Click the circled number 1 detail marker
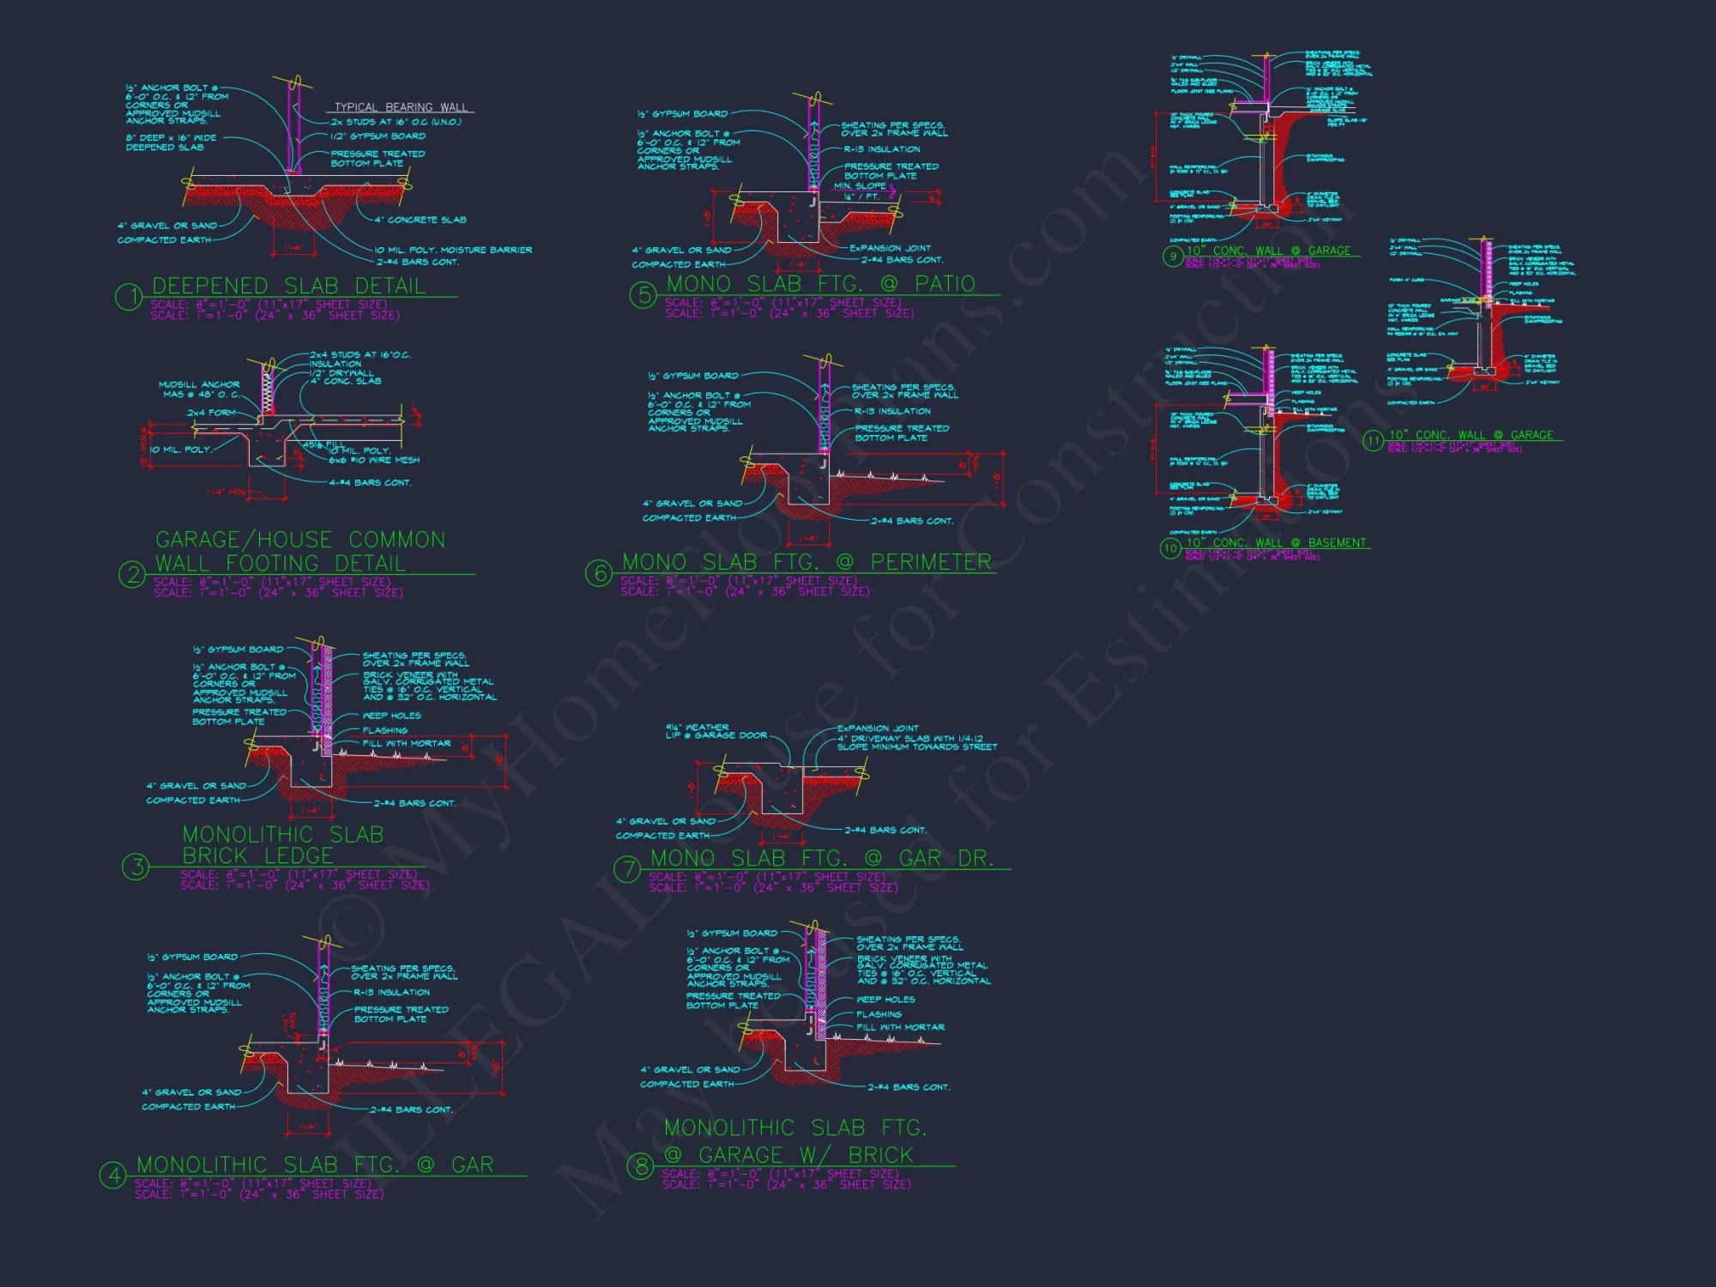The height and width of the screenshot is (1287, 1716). coord(129,297)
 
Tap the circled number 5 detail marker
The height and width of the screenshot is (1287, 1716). coord(643,295)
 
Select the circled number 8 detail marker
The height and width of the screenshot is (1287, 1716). coord(640,1166)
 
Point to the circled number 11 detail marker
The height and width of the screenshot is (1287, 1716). coord(1373,440)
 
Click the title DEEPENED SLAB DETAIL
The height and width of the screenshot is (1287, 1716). coord(288,286)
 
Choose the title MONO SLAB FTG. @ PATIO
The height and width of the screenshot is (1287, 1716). coord(820,284)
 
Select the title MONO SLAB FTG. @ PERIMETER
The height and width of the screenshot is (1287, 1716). coord(806,562)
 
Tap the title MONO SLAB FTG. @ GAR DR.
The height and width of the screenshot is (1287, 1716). coord(821,858)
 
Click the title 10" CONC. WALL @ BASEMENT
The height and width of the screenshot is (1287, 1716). coord(1276,543)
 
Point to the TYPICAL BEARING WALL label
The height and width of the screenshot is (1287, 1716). coord(401,107)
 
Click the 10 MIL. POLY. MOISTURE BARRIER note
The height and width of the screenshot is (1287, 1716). coord(453,250)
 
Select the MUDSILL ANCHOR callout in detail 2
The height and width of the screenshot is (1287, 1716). coord(199,390)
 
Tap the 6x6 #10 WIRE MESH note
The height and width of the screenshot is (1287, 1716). coord(374,460)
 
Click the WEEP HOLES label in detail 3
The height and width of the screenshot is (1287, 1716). coord(392,716)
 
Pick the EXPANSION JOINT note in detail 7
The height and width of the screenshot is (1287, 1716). coord(878,728)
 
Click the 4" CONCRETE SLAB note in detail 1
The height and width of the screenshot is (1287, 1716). coord(420,220)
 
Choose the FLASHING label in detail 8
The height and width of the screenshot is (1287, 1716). coord(878,1014)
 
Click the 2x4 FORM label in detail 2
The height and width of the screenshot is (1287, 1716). coord(210,413)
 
